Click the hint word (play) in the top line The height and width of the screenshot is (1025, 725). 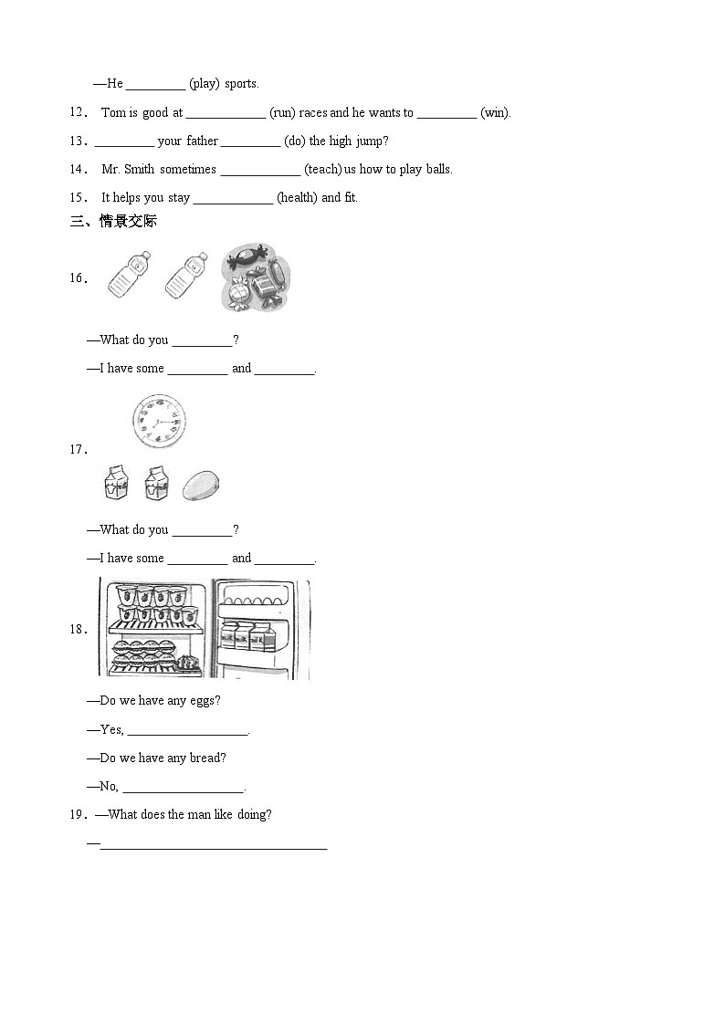[205, 84]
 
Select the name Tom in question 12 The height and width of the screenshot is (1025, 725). [112, 113]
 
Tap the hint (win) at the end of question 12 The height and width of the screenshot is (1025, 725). [495, 113]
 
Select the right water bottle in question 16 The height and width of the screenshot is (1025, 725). [185, 275]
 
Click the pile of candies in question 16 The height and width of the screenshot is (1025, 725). [255, 277]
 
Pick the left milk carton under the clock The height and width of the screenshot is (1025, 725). [114, 483]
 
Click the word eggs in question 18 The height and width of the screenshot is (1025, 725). [205, 701]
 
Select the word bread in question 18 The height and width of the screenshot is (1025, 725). [207, 758]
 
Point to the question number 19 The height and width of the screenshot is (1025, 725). [78, 815]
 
